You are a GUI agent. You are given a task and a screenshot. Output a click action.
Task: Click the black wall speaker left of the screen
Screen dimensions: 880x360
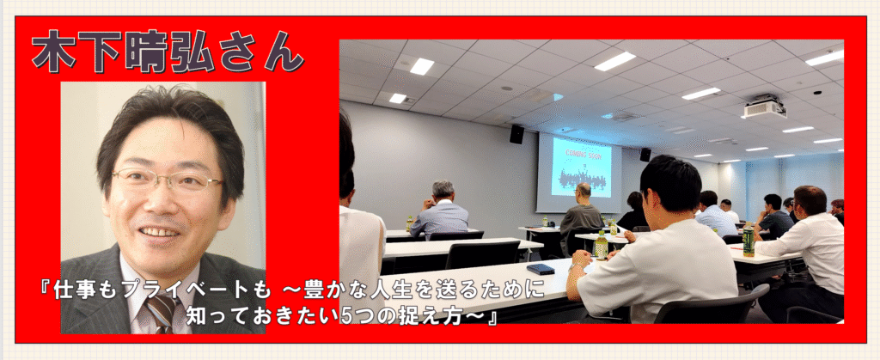tap(516, 134)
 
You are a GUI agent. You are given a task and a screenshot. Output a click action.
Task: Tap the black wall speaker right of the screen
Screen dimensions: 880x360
tap(645, 154)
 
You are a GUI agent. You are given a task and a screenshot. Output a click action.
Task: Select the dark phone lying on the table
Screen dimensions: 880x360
tap(541, 269)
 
